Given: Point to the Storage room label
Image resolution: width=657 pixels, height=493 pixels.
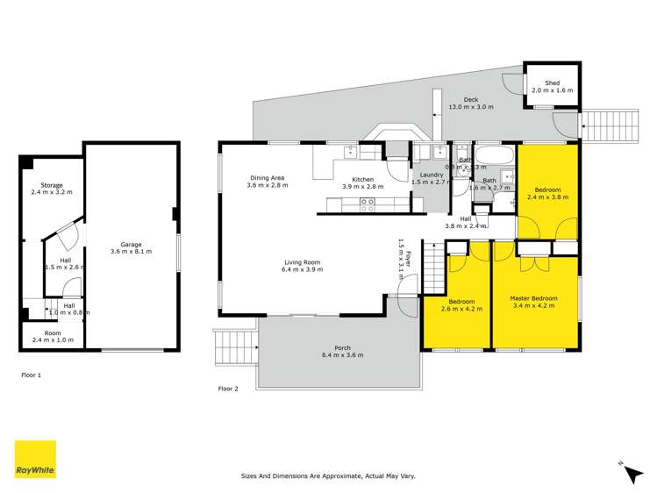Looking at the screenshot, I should click(x=51, y=186).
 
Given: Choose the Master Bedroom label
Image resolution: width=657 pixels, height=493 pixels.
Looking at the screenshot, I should click(x=533, y=299).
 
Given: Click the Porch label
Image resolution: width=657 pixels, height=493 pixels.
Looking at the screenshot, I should click(x=341, y=350).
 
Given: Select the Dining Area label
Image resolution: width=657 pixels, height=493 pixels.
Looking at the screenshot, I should click(x=266, y=178).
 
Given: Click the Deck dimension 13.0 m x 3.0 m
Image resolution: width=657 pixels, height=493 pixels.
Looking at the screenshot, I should click(x=471, y=106).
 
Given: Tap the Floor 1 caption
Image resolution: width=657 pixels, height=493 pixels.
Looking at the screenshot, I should click(x=32, y=375).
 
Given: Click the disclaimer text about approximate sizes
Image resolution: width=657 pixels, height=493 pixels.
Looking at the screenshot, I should click(x=328, y=476).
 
